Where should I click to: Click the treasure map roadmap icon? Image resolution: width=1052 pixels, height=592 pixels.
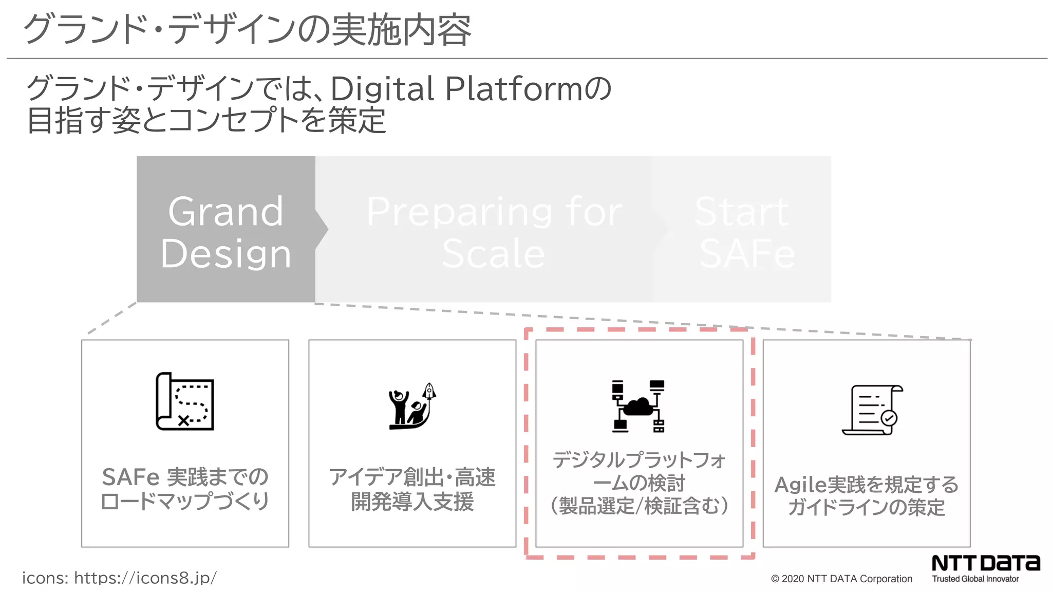coord(185,401)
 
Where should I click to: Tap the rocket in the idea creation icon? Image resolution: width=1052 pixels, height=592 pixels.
coord(429,392)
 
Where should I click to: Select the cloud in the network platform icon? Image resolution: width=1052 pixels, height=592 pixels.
coord(638,406)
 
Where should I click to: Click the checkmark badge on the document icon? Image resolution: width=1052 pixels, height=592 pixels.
coord(889,418)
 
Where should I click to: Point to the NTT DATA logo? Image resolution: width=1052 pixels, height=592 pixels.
coord(985,563)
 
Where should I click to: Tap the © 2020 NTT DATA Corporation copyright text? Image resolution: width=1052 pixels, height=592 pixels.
coord(841,579)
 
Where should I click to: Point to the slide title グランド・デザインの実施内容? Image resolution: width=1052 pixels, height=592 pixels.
coord(247,30)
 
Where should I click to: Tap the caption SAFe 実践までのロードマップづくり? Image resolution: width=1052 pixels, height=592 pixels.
coord(185,489)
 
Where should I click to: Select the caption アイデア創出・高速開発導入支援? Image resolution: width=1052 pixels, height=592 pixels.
coord(412,489)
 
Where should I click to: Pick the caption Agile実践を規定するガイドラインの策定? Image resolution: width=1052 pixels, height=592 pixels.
coord(867,496)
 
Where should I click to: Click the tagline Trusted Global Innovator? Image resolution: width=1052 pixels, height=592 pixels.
coord(975,579)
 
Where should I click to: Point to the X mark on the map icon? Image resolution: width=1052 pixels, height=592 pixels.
coord(183,421)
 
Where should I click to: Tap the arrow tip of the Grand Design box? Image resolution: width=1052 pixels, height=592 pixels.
coord(326,229)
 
